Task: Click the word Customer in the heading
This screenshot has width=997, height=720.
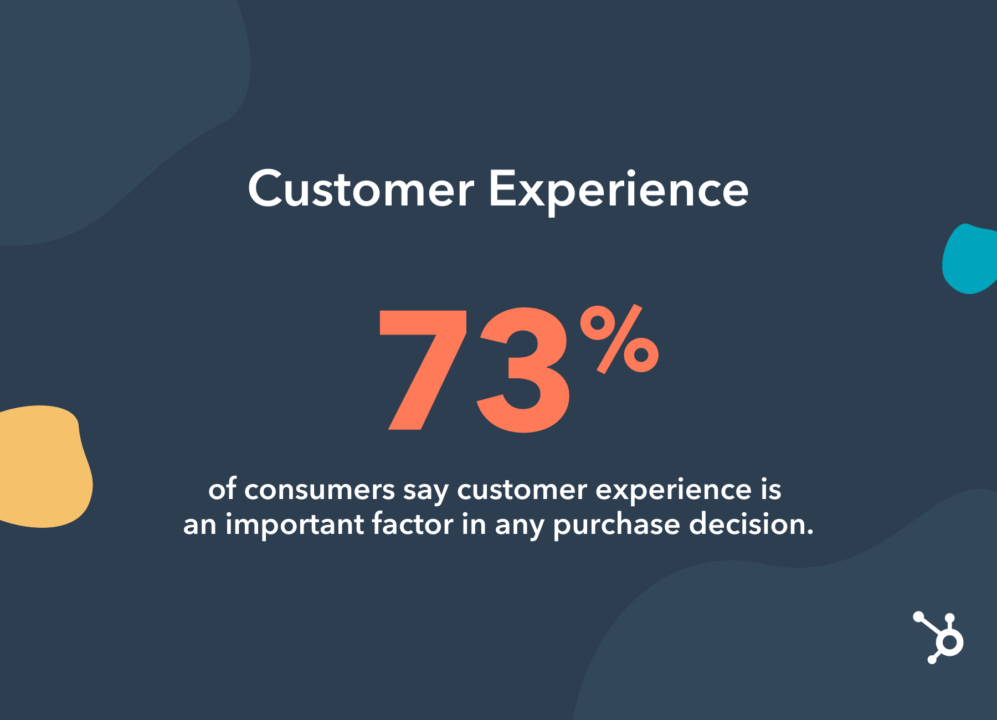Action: click(361, 188)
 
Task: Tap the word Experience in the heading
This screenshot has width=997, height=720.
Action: click(618, 191)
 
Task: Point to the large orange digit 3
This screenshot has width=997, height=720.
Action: click(523, 369)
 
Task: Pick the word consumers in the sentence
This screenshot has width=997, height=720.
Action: click(320, 490)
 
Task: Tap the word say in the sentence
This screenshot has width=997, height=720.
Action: click(426, 492)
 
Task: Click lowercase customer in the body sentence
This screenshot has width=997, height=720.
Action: click(522, 490)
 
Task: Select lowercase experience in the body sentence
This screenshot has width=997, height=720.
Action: click(674, 492)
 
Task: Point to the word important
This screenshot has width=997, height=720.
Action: click(295, 525)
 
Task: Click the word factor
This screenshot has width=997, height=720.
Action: click(413, 524)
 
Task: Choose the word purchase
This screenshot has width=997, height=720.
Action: click(616, 525)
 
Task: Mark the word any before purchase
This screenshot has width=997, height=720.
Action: click(520, 527)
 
